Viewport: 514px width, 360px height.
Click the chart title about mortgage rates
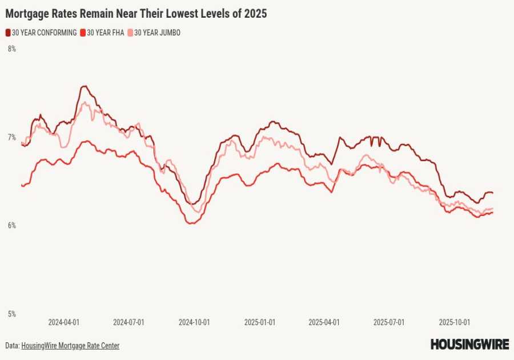pyautogui.click(x=136, y=13)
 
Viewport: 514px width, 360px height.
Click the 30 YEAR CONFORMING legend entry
pyautogui.click(x=44, y=33)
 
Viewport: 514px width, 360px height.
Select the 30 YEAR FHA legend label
pyautogui.click(x=105, y=33)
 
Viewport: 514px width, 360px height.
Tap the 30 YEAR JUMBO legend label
pyautogui.click(x=157, y=33)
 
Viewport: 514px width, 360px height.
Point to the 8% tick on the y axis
pyautogui.click(x=11, y=49)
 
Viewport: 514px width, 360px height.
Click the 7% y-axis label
pyautogui.click(x=11, y=137)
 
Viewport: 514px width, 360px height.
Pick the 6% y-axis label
pyautogui.click(x=11, y=226)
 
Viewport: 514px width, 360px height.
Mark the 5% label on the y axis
pyautogui.click(x=11, y=314)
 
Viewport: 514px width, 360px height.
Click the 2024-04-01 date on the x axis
pyautogui.click(x=63, y=322)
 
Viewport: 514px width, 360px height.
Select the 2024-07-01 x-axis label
pyautogui.click(x=128, y=322)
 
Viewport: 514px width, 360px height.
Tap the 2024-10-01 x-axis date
pyautogui.click(x=194, y=322)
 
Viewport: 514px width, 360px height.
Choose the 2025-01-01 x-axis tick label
pyautogui.click(x=259, y=322)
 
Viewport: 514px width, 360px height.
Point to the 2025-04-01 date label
pyautogui.click(x=324, y=322)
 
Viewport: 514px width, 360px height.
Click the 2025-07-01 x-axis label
pyautogui.click(x=389, y=322)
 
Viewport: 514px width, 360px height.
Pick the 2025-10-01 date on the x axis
pyautogui.click(x=455, y=322)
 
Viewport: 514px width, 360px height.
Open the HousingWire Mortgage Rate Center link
pyautogui.click(x=70, y=346)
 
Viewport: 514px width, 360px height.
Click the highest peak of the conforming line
pyautogui.click(x=84, y=86)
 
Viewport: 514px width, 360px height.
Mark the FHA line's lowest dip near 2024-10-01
pyautogui.click(x=190, y=223)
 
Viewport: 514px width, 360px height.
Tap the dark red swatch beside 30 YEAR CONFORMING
pyautogui.click(x=8, y=33)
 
